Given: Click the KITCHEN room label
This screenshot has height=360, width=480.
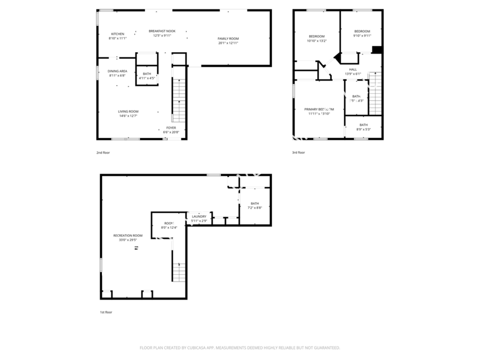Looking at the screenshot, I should point(117,34).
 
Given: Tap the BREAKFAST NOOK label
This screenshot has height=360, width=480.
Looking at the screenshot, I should point(162,31).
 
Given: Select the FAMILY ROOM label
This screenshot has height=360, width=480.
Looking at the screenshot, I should point(228,38).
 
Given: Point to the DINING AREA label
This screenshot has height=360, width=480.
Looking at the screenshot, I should point(117,71).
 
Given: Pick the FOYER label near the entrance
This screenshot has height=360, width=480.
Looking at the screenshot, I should point(171,128).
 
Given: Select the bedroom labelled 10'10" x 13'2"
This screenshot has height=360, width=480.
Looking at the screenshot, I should point(316,36).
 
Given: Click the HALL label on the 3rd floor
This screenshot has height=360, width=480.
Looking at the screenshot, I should point(353,69).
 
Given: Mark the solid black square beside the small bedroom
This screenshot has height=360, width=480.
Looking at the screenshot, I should point(377,50).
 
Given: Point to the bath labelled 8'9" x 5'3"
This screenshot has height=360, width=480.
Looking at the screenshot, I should point(363,125).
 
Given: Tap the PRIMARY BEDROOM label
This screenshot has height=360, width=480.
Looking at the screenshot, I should point(319,109).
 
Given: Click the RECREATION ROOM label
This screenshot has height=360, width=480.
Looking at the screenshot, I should point(128,235).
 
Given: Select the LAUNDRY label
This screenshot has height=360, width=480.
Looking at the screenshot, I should point(198,217).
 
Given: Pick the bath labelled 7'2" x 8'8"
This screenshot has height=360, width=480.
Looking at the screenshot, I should point(255,203).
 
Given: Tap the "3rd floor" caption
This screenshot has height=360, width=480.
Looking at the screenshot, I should point(298,153).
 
